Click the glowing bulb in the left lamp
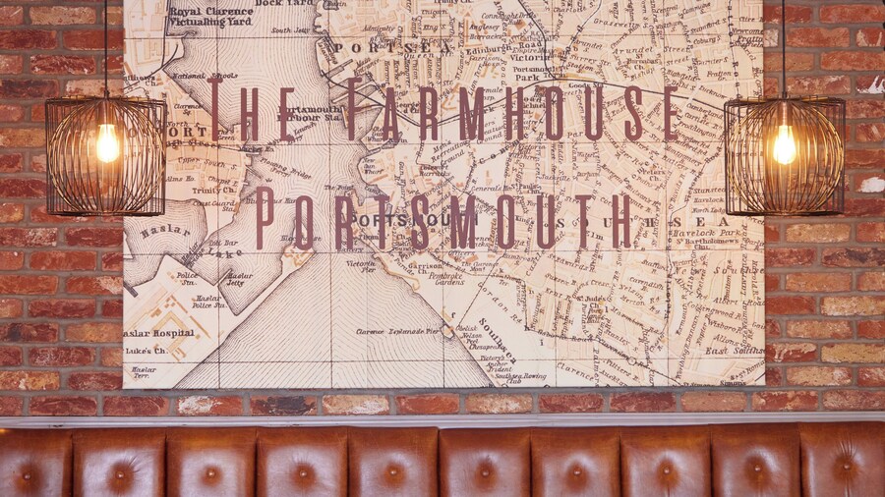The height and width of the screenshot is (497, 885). pos(106,143)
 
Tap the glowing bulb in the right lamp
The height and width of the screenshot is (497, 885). pos(784,144)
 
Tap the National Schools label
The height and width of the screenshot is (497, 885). pos(206,74)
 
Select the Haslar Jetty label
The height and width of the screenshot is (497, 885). pos(239,280)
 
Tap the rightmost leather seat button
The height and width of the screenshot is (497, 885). pos(844,472)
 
